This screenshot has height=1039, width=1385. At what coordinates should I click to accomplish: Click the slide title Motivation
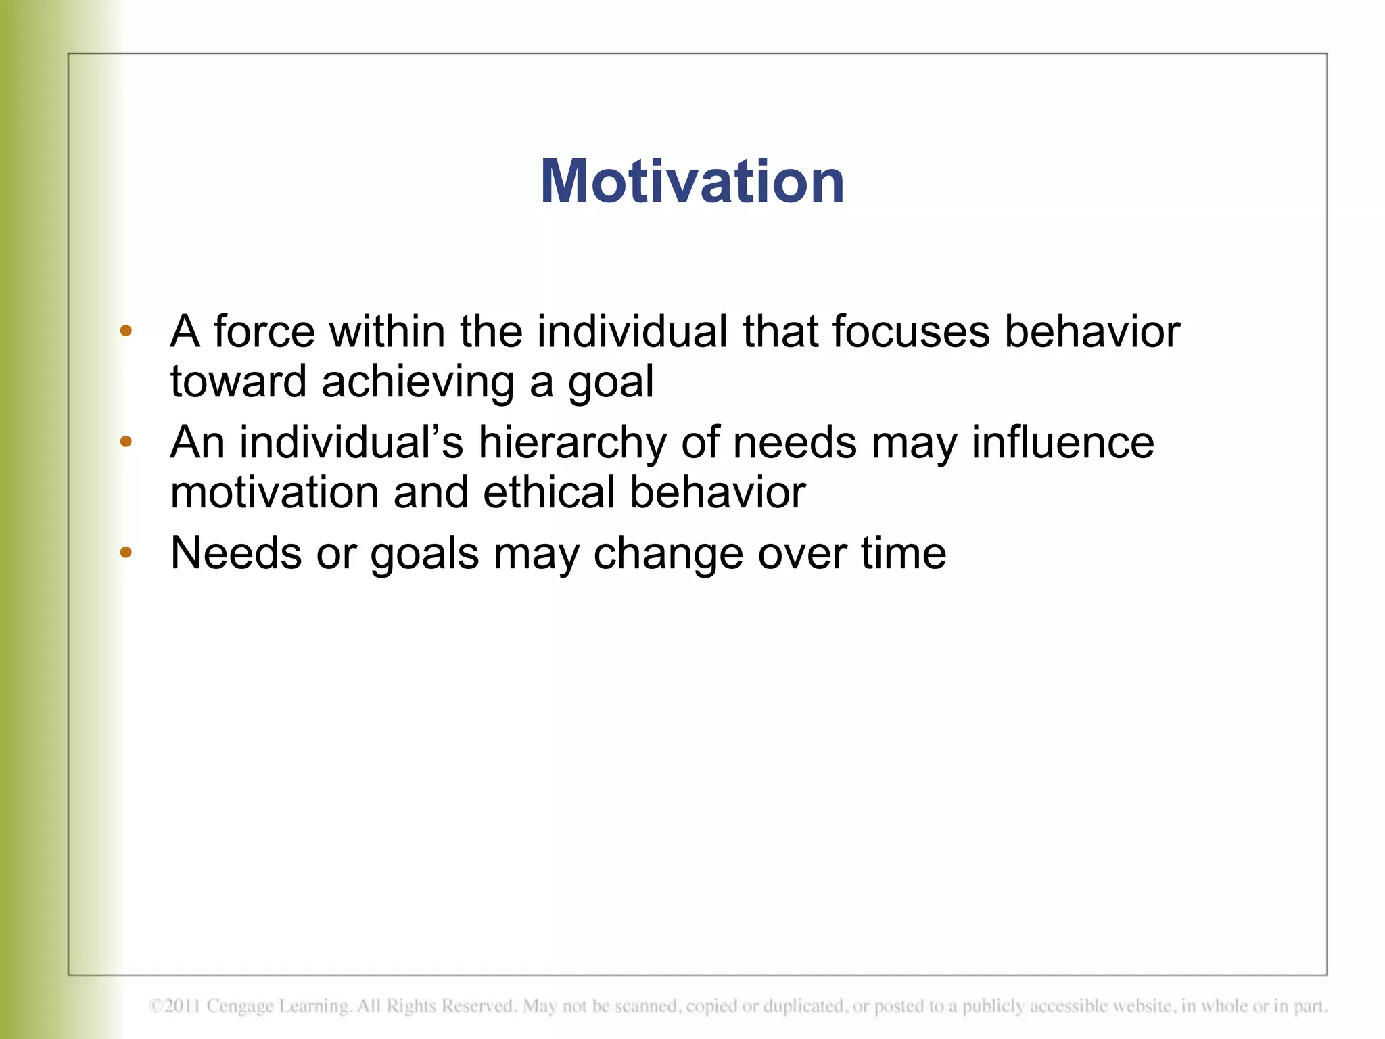coord(692,181)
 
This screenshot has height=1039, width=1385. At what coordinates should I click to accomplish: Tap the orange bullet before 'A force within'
coord(126,331)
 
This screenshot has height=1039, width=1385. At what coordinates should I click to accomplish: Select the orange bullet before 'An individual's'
coord(126,442)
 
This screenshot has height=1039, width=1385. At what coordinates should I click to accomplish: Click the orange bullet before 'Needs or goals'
coord(126,553)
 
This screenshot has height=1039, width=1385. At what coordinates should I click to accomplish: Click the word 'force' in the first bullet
coord(264,331)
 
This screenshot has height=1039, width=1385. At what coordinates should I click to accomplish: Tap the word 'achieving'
coord(418,382)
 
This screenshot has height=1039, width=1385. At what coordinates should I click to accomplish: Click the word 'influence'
coord(1062,442)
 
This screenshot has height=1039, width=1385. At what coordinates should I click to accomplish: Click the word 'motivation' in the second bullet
coord(275,492)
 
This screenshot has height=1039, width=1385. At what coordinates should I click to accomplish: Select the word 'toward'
coord(238,382)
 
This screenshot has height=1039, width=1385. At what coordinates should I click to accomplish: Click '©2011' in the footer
coord(174,1007)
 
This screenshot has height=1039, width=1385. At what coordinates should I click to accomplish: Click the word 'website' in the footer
coord(1143,1007)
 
